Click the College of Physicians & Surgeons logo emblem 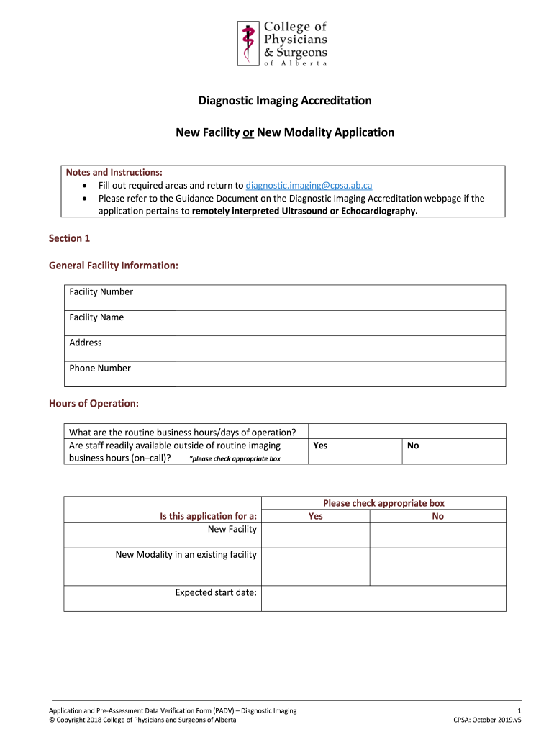tap(248, 42)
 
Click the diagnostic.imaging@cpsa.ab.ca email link tap(309, 185)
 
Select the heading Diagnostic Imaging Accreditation tap(285, 101)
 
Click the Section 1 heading tap(69, 238)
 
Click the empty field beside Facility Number tap(340, 297)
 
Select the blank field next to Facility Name tap(340, 322)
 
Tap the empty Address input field tap(340, 348)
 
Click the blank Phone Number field tap(340, 374)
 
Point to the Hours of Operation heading tap(94, 403)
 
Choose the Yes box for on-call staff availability tap(355, 452)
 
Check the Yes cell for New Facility tap(315, 535)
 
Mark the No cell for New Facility tap(437, 535)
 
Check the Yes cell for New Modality tap(315, 566)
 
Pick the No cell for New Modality tap(437, 566)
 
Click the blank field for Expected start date tap(383, 598)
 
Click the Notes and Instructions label tap(114, 172)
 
